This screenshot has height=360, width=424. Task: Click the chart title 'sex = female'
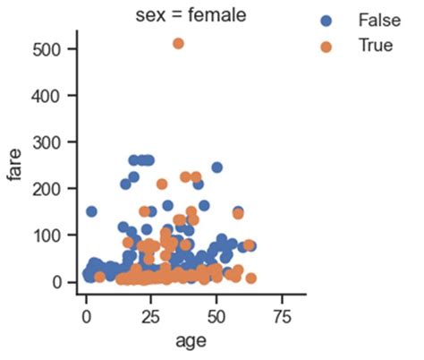tap(193, 13)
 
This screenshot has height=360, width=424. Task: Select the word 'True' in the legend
tap(375, 46)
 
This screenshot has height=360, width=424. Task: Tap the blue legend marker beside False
tap(326, 20)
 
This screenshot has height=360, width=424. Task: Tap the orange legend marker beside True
tap(326, 46)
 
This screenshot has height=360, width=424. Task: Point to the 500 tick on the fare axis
tap(49, 48)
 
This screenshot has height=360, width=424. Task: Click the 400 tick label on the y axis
tap(49, 95)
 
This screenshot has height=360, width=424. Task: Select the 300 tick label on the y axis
tap(49, 141)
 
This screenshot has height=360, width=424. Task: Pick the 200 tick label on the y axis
tap(49, 189)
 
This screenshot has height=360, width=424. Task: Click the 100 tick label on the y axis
tap(49, 236)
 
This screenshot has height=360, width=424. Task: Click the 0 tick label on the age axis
tap(86, 316)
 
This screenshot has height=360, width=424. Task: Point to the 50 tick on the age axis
tap(216, 316)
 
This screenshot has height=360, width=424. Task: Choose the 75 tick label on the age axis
tap(283, 316)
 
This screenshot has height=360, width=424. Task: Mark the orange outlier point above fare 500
tap(178, 44)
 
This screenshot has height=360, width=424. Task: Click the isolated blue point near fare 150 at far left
tap(91, 212)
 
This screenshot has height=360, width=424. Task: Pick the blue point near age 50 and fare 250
tap(216, 167)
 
